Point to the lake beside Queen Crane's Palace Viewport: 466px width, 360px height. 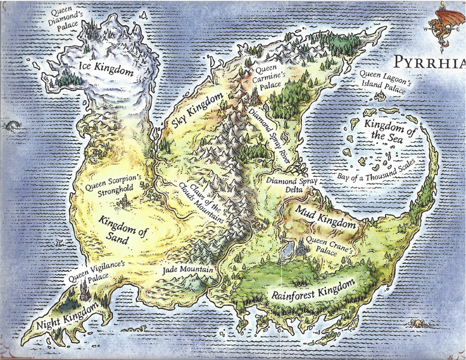[288, 250]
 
